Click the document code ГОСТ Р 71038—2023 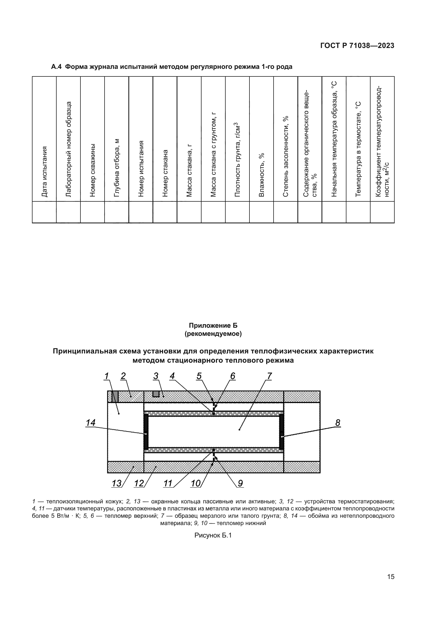(x=357, y=46)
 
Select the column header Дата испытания (x=44, y=172)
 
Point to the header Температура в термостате (x=358, y=149)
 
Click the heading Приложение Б (x=213, y=325)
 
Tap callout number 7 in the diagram (x=269, y=376)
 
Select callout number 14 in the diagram (x=90, y=423)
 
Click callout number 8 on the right (x=338, y=423)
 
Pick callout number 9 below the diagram (x=240, y=483)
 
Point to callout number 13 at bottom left (x=116, y=483)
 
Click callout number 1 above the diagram (x=106, y=376)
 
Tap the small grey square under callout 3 (x=156, y=394)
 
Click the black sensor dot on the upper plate (x=214, y=414)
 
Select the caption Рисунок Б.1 (x=213, y=535)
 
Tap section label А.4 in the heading (x=57, y=67)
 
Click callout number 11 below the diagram (x=168, y=483)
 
